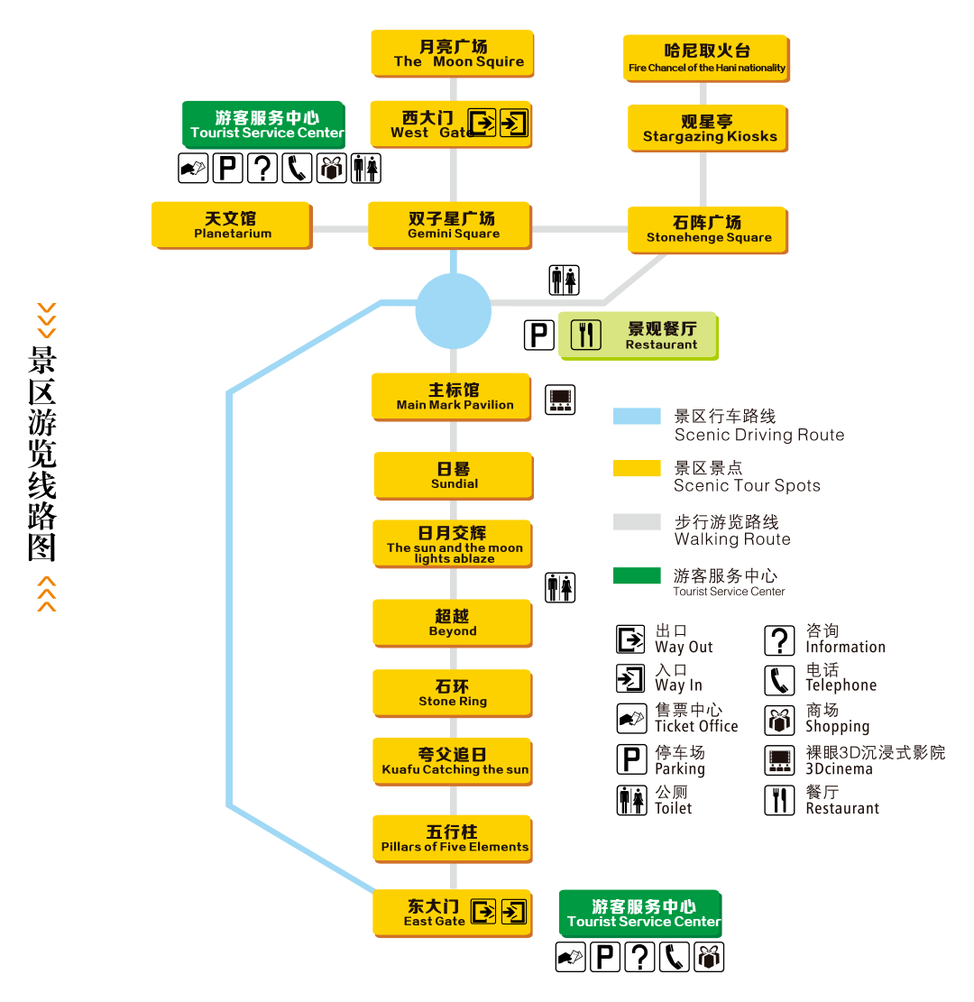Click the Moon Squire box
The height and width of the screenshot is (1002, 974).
(452, 53)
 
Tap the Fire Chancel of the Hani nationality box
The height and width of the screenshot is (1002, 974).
(706, 58)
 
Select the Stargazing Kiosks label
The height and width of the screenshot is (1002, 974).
(708, 128)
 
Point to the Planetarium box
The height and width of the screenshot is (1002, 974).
(232, 225)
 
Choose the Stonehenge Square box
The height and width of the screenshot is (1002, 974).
(708, 229)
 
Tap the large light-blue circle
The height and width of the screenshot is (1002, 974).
(453, 311)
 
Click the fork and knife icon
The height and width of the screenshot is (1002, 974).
(586, 336)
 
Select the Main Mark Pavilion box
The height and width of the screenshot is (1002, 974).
(451, 396)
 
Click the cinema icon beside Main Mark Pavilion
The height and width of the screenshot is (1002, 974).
(560, 400)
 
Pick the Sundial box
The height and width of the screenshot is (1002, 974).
(453, 475)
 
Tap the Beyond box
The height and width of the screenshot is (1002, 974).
(452, 622)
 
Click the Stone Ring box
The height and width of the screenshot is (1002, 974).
(452, 693)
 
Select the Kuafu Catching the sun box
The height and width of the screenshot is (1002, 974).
(453, 761)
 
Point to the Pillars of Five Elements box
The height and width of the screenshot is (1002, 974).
(453, 838)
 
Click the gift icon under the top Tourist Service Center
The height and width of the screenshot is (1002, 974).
(332, 170)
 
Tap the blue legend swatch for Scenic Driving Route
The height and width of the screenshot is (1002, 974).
(637, 416)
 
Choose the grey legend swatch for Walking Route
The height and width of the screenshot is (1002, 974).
(637, 521)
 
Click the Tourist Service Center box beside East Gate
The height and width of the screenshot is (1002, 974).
(640, 913)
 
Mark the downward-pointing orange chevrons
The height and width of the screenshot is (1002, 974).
(47, 320)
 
